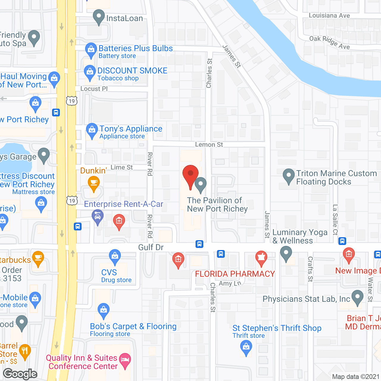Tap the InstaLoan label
point(124,18)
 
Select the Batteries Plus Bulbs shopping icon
point(91,50)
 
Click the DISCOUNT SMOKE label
point(132,71)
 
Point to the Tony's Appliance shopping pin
point(92,130)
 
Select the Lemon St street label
point(209,145)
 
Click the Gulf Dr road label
point(151,247)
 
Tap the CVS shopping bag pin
point(115,256)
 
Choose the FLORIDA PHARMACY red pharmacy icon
point(261,257)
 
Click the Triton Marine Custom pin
point(288,176)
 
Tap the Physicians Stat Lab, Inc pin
point(357,297)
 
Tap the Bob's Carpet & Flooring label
point(133,327)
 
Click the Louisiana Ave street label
point(329,15)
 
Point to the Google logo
point(20,374)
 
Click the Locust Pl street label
point(94,89)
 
